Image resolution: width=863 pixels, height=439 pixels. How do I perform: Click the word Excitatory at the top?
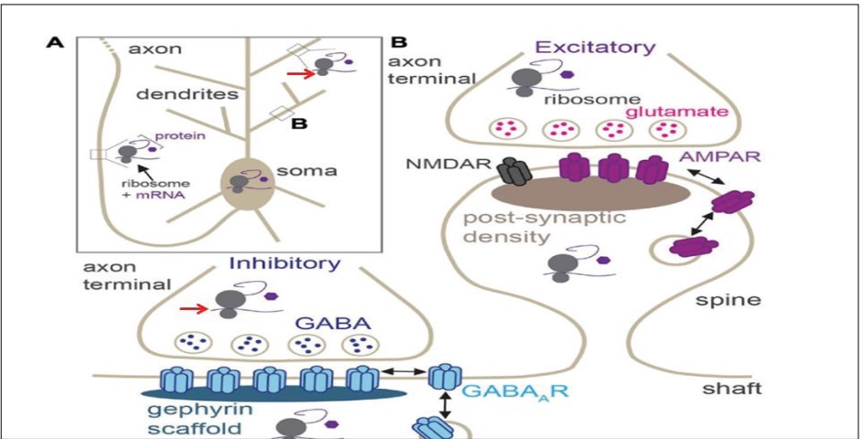point(596,47)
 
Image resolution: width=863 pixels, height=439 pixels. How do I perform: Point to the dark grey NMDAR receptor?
point(508,172)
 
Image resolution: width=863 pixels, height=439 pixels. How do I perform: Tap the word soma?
point(296,171)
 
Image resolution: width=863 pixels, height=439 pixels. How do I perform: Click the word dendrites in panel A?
point(175,93)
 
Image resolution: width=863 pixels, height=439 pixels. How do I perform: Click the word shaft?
point(732,389)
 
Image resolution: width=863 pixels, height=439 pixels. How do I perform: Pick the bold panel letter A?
point(57,42)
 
